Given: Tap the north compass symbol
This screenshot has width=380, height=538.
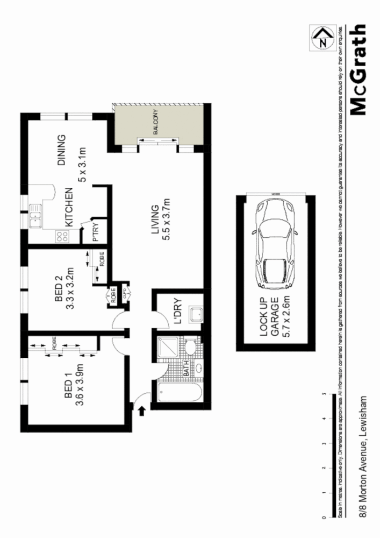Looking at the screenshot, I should [322, 39].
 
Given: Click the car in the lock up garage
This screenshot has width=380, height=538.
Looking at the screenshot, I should [274, 244].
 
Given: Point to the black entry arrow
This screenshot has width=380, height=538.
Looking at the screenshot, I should [142, 412].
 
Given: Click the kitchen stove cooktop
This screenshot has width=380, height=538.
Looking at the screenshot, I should [61, 236].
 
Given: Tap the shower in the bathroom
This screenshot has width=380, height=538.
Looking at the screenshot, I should [169, 347].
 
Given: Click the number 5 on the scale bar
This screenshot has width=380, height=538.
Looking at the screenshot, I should [323, 394].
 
